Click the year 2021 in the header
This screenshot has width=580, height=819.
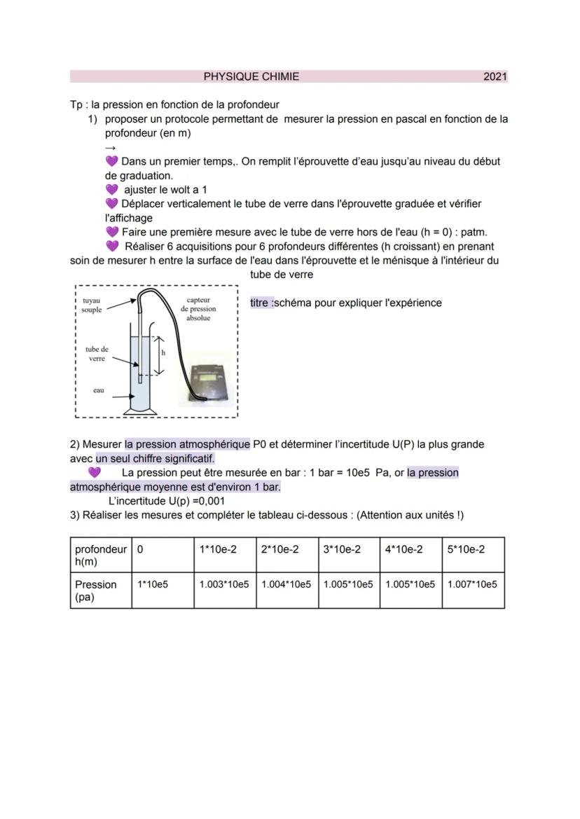tap(495, 76)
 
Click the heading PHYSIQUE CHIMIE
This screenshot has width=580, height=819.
tap(251, 76)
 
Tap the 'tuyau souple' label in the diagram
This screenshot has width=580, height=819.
tap(91, 305)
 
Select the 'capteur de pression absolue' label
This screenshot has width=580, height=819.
tap(199, 308)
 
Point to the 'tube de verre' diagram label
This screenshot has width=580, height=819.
tap(97, 354)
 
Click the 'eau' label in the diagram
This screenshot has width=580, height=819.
tap(99, 390)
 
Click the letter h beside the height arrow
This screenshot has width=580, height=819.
tap(163, 352)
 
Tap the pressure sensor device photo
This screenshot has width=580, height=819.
tap(205, 379)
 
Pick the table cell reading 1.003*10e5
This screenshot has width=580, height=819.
tap(224, 584)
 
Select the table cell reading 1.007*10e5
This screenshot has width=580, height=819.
tap(473, 584)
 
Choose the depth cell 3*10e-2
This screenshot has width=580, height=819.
tap(341, 550)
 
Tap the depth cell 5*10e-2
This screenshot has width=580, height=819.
tap(466, 550)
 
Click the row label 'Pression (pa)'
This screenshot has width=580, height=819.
tap(96, 591)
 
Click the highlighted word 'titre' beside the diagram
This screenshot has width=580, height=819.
tap(261, 303)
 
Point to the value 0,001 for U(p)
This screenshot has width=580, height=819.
tap(211, 501)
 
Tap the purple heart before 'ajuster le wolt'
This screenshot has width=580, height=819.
tap(111, 190)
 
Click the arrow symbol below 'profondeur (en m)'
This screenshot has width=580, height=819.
tap(110, 148)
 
